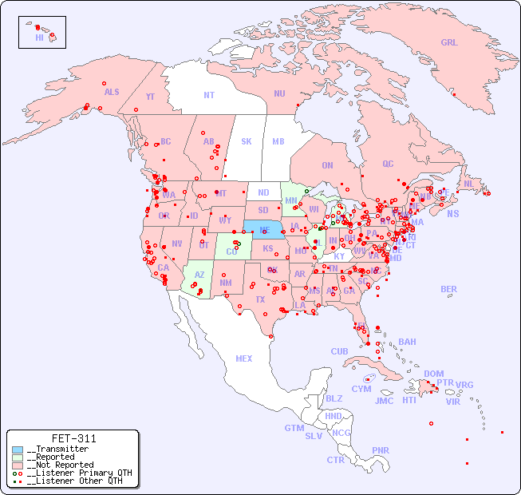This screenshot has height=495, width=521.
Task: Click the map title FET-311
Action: pos(73,438)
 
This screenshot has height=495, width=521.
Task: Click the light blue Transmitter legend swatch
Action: pos(18,449)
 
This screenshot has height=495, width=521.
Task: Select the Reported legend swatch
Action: pos(18,457)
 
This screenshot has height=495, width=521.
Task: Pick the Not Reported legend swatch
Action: pos(18,465)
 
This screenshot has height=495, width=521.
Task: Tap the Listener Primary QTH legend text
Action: pos(78,473)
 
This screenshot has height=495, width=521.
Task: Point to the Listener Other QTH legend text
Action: pos(76,481)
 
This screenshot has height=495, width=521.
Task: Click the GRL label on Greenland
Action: pos(449,43)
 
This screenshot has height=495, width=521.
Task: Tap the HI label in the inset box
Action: pos(39,38)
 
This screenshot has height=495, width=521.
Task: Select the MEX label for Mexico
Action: pos(244,359)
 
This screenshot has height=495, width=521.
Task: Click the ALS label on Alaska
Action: pos(112,92)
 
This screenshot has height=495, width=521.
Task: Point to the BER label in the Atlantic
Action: pos(449,289)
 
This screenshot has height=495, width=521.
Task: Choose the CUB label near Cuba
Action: pos(340,352)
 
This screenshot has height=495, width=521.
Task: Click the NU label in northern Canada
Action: pos(279,93)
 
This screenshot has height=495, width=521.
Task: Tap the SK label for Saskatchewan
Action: pos(247,141)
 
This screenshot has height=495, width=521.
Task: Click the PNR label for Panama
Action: pos(381,450)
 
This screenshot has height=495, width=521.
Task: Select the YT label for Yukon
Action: pos(150,97)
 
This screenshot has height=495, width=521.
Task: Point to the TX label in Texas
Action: pos(260,300)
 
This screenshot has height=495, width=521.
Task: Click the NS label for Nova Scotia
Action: pos(452,214)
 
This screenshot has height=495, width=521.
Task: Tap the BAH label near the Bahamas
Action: pos(407,342)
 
